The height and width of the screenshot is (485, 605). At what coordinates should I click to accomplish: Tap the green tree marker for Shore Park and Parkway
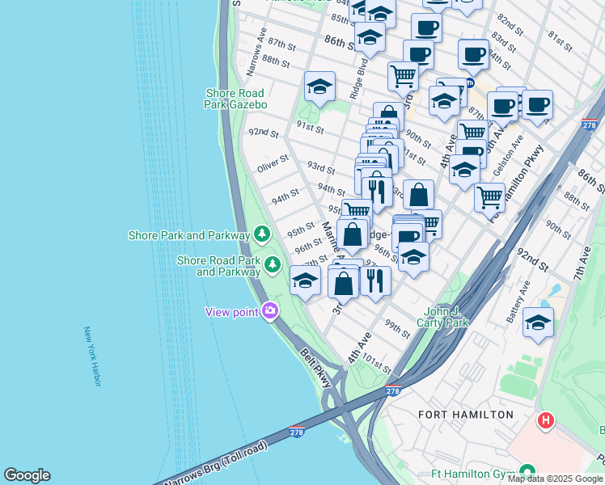pos(261,234)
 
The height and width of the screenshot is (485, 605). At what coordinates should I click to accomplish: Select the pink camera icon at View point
pos(270,311)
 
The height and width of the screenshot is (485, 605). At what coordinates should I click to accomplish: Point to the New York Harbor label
pos(92,356)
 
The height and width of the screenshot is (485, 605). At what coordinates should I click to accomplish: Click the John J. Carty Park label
pos(448,317)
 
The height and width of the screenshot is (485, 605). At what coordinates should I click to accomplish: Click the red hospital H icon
pos(546,421)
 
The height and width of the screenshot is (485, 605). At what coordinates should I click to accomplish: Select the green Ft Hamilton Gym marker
pos(527,471)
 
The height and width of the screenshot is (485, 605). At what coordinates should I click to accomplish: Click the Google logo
pos(27,475)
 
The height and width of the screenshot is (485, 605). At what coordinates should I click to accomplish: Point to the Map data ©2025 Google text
pos(555,479)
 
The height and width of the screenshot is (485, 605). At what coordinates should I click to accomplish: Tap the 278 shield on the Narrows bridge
pos(297,432)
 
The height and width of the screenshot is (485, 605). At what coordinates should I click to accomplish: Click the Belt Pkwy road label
pos(315,367)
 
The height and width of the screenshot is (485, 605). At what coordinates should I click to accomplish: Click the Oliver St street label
pos(273,165)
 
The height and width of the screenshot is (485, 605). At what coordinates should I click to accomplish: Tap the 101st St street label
pos(378,365)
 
